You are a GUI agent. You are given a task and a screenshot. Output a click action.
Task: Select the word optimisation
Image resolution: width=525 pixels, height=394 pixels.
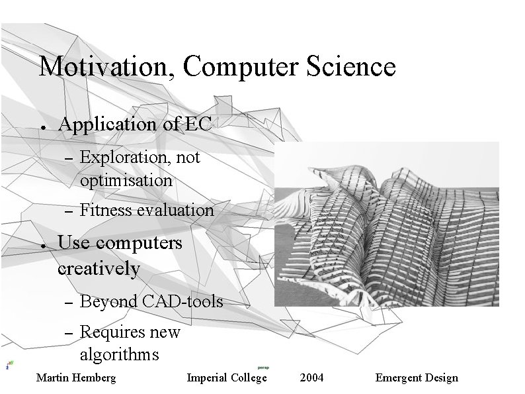point(126,180)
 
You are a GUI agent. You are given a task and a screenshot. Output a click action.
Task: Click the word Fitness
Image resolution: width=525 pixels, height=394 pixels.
point(106,211)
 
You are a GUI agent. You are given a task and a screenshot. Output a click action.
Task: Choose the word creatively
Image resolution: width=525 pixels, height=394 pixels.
point(99,269)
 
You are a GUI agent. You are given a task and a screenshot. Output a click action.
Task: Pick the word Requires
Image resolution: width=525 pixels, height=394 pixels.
point(108,332)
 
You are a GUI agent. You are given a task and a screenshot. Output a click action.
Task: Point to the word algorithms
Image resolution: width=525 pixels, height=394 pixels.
point(119,355)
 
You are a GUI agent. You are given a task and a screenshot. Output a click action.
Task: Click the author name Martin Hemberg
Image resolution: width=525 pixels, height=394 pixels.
point(75,378)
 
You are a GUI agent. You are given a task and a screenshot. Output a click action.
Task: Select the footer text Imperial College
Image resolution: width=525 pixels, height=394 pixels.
point(227,378)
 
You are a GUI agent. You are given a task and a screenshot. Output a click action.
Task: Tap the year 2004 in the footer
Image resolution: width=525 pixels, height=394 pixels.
point(311,378)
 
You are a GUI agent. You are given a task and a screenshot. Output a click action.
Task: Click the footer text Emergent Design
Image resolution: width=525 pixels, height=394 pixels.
point(416,378)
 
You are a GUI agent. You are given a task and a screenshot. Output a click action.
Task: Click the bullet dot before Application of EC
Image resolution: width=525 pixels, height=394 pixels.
point(42,126)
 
